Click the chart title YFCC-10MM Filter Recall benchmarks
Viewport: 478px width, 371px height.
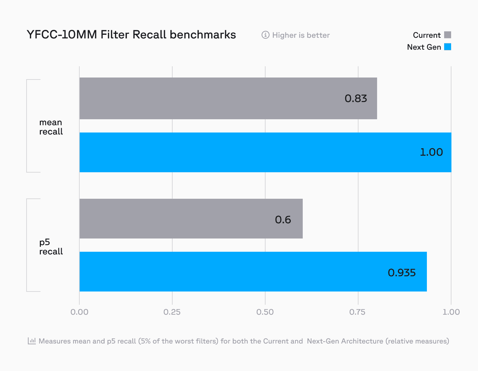pos(131,35)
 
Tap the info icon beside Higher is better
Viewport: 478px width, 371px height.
pos(265,35)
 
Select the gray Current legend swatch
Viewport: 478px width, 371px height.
pos(447,35)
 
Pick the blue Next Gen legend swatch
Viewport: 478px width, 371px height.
pos(447,47)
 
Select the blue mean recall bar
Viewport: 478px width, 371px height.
pos(232,152)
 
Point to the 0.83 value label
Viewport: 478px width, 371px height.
pos(356,98)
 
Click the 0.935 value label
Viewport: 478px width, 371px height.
pos(402,273)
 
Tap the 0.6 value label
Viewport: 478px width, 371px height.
pos(283,220)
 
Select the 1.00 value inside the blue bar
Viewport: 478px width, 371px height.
pos(431,152)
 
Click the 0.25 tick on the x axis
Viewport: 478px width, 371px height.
pos(172,312)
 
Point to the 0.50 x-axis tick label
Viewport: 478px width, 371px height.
pos(265,312)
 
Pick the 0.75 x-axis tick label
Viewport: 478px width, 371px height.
pos(358,312)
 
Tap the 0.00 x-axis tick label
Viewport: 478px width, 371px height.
pos(79,312)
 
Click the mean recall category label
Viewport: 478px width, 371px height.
pos(51,127)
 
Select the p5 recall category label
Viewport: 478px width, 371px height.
pos(51,247)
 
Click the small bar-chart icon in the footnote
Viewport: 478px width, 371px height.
pos(32,341)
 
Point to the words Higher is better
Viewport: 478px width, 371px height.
pos(301,35)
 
